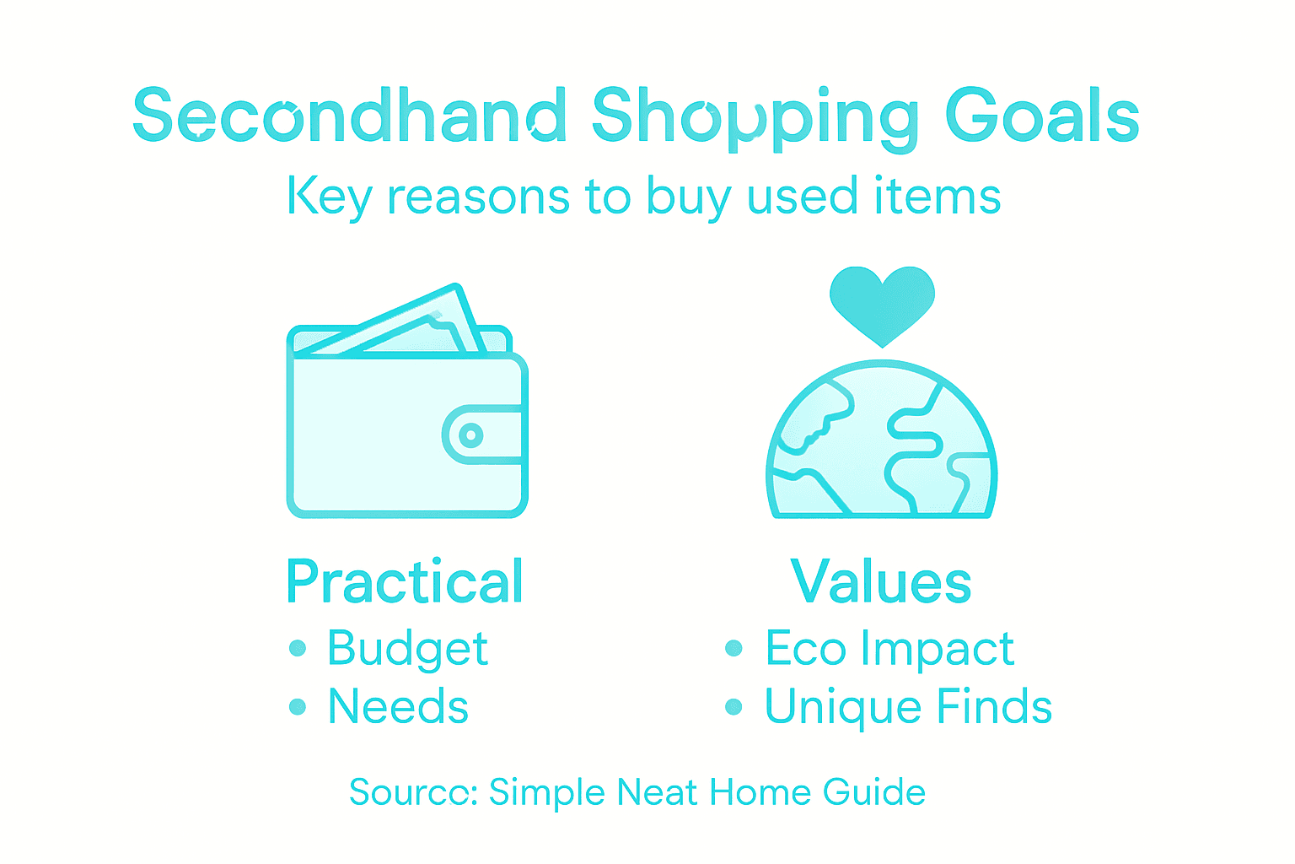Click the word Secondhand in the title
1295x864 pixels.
pyautogui.click(x=350, y=116)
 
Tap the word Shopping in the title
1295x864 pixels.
pyautogui.click(x=755, y=118)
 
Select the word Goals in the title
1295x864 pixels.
pyautogui.click(x=1042, y=116)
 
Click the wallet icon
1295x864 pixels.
pyautogui.click(x=407, y=422)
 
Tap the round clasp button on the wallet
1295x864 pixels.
pyautogui.click(x=470, y=435)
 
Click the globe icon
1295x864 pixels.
pyautogui.click(x=882, y=443)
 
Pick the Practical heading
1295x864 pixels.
pyautogui.click(x=405, y=581)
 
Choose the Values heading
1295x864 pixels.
pyautogui.click(x=881, y=581)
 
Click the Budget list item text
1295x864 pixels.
pyautogui.click(x=407, y=649)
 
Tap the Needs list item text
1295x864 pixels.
pyautogui.click(x=398, y=706)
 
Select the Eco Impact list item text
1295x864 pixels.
pyautogui.click(x=889, y=649)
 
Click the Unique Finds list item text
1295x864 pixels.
pyautogui.click(x=908, y=706)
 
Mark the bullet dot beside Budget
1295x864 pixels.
pyautogui.click(x=297, y=648)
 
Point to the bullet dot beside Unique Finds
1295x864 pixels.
pyautogui.click(x=733, y=706)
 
